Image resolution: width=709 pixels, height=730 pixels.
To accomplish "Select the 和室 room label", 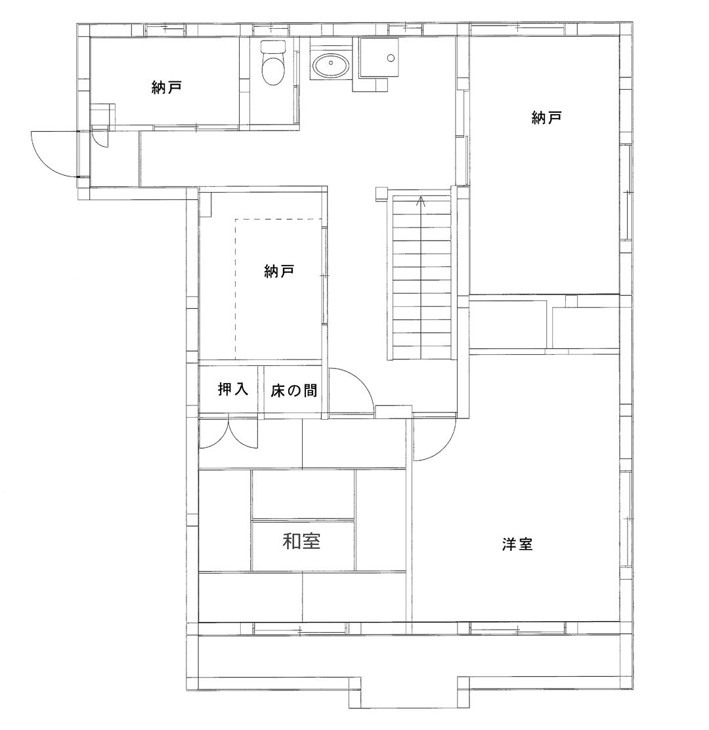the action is click(x=302, y=541).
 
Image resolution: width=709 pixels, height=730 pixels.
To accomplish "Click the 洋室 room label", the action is click(x=517, y=544).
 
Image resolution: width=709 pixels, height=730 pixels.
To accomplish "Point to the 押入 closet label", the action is click(x=233, y=389).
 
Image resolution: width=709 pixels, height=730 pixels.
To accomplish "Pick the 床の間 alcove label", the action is click(x=294, y=390).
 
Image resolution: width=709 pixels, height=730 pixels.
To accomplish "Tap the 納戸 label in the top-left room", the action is click(x=166, y=87).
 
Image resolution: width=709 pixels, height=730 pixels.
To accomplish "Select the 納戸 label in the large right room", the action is click(x=546, y=117).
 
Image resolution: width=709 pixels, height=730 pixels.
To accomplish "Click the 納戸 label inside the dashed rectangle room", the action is click(x=279, y=271).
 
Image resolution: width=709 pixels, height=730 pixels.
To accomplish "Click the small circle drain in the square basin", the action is click(x=391, y=58).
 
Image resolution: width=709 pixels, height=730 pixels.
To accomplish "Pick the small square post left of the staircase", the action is click(x=381, y=193).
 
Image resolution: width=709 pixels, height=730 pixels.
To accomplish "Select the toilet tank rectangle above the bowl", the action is click(x=272, y=47).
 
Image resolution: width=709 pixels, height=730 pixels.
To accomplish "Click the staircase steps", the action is click(x=422, y=277).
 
